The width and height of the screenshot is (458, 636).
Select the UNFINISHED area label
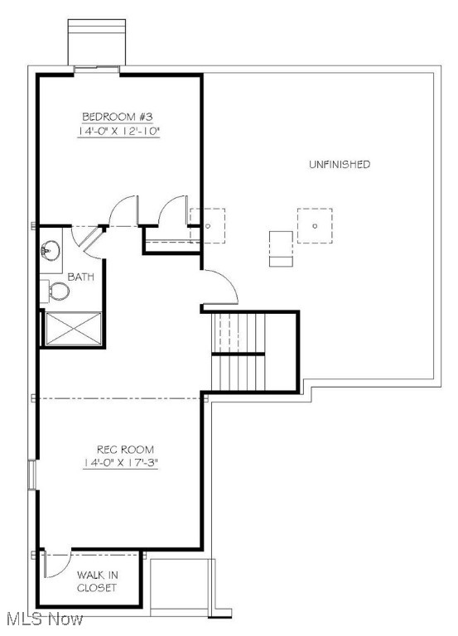pyautogui.click(x=340, y=164)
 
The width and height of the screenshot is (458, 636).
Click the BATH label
pyautogui.click(x=80, y=277)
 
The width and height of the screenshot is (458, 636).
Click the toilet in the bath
pyautogui.click(x=58, y=291)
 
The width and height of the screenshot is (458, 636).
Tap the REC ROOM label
pyautogui.click(x=121, y=449)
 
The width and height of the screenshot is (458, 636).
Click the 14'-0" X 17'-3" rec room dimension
pyautogui.click(x=121, y=464)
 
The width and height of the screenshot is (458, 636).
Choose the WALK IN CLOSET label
pyautogui.click(x=97, y=581)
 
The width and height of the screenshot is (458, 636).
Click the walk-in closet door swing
pyautogui.click(x=51, y=568)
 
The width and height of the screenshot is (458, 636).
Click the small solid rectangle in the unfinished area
pyautogui.click(x=282, y=248)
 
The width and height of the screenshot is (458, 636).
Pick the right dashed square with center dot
pyautogui.click(x=316, y=225)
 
